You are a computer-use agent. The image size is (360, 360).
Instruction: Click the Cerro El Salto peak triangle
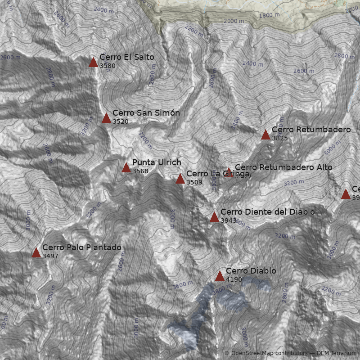(93, 62)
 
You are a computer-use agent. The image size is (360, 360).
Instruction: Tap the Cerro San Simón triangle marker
(106, 118)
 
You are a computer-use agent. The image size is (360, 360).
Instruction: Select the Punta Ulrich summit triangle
(126, 168)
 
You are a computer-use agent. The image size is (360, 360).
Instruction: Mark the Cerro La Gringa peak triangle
(180, 179)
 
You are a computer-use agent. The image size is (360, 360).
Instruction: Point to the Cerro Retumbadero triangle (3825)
(265, 135)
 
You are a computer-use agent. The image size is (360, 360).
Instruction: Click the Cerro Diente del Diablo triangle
(214, 217)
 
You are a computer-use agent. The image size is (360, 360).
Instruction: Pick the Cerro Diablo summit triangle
(220, 276)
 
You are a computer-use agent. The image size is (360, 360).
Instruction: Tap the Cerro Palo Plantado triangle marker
(36, 252)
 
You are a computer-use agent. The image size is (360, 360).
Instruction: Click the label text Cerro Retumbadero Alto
(283, 167)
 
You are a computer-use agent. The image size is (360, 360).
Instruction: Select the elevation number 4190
(234, 279)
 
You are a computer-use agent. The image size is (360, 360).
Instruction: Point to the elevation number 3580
(108, 66)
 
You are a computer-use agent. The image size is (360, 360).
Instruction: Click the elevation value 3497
(50, 256)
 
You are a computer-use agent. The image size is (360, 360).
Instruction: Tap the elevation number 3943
(229, 220)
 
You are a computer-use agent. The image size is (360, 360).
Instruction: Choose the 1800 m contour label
(269, 15)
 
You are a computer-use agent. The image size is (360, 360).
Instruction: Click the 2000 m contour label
(234, 21)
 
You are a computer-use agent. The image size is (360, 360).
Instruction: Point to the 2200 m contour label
(194, 31)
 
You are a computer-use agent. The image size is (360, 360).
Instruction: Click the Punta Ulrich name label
(157, 163)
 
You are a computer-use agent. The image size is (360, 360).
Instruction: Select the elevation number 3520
(121, 121)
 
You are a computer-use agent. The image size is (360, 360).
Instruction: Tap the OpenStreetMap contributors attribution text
(269, 353)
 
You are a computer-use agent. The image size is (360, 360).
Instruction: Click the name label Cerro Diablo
(251, 271)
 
